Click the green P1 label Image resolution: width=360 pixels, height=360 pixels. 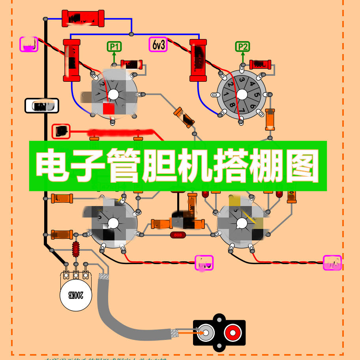point(114,47)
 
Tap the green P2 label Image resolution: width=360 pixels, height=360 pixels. point(243,47)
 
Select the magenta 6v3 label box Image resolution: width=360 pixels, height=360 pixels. point(158,45)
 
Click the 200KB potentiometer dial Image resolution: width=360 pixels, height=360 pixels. point(75,295)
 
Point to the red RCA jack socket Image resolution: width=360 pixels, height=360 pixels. point(232,333)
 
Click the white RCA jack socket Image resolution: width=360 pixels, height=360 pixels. point(206,333)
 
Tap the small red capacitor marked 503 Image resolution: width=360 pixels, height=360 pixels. point(178,235)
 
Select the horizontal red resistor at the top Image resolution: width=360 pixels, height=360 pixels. point(83,19)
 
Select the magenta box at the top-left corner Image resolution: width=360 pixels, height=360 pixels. point(29,44)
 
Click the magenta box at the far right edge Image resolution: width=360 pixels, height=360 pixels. point(332,262)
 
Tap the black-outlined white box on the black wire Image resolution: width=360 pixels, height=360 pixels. point(42,106)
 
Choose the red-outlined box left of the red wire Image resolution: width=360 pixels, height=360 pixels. point(61,131)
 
